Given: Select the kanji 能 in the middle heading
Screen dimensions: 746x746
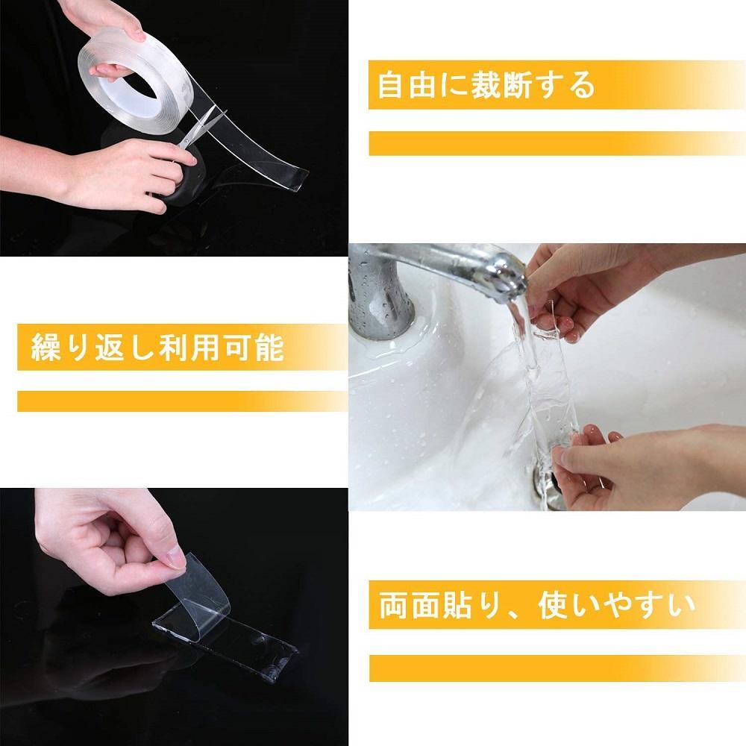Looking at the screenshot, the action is [269, 348].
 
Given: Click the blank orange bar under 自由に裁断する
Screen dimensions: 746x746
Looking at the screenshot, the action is [557, 143].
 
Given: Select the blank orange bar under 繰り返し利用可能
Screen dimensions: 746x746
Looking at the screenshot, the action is [183, 401].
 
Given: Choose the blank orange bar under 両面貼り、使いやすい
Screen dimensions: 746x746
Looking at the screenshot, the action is [557, 668].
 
